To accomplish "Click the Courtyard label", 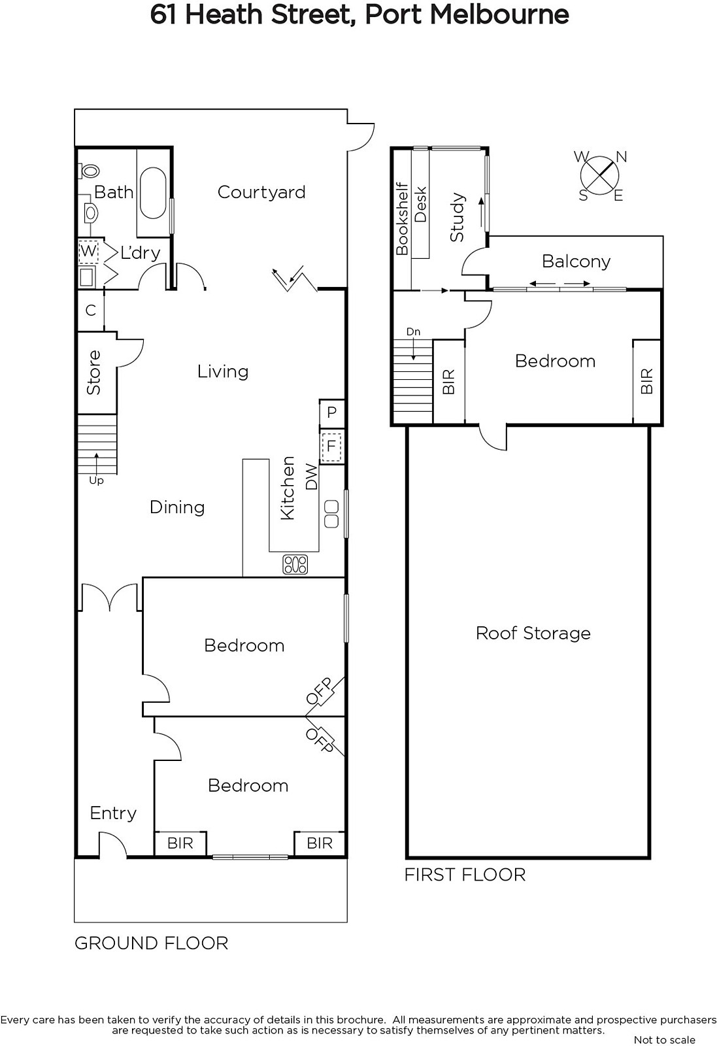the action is pos(261,192).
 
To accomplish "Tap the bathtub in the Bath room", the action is pos(153,193).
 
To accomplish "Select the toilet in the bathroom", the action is pos(88,170).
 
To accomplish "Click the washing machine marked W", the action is pos(88,251).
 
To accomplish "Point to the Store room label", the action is pos(93,372).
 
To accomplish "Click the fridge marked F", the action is pos(331,447).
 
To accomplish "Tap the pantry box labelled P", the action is pos(331,413).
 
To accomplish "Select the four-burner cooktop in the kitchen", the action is pos(295,564).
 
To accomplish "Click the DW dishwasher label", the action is pos(311,477).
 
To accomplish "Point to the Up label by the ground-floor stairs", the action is pos(96,481).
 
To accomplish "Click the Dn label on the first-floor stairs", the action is pos(413,331).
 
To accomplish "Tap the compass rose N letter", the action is pos(622,157).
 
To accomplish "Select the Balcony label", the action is pos(576,261).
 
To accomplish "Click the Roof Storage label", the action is pos(533,633).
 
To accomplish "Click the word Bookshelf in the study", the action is pos(401,218).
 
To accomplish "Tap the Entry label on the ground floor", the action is pos(113,814).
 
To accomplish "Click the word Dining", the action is pos(177,507).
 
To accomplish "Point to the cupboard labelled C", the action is pos(91,310).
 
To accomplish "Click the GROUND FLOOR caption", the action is pos(151,943).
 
